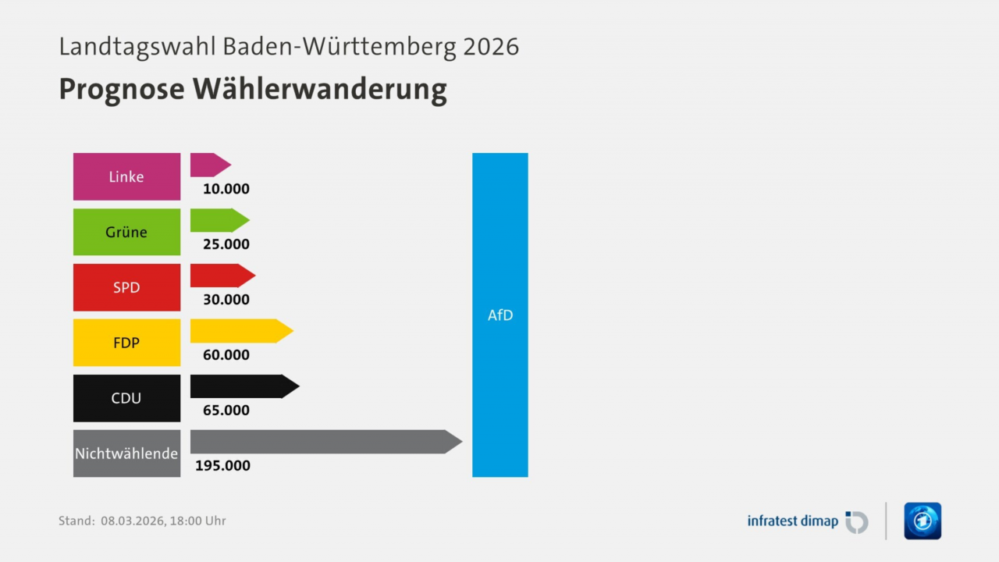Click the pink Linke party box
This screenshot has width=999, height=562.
click(x=126, y=176)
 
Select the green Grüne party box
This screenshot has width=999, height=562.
click(x=126, y=232)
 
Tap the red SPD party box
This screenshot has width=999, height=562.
click(x=126, y=287)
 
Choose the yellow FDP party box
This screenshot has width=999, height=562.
click(x=126, y=343)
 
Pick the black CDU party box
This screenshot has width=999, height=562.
click(x=126, y=398)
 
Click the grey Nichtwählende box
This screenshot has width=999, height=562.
click(x=126, y=454)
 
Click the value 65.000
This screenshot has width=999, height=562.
click(x=226, y=411)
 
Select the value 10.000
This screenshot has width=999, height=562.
click(x=226, y=189)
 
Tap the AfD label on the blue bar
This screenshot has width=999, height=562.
click(x=500, y=315)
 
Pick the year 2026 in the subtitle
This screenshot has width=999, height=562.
click(x=491, y=47)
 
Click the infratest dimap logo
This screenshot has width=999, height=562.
click(x=807, y=521)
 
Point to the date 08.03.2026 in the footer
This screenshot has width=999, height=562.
click(x=133, y=521)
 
